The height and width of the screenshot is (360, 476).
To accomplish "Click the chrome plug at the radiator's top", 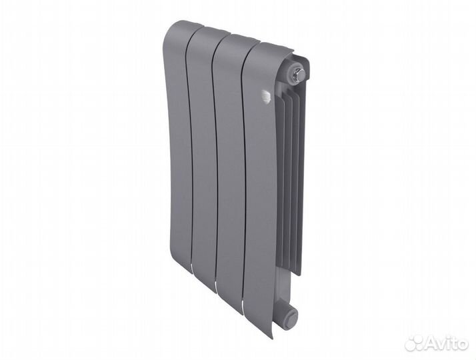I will click(296, 69).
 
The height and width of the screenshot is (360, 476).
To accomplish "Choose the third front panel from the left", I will click(227, 173).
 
